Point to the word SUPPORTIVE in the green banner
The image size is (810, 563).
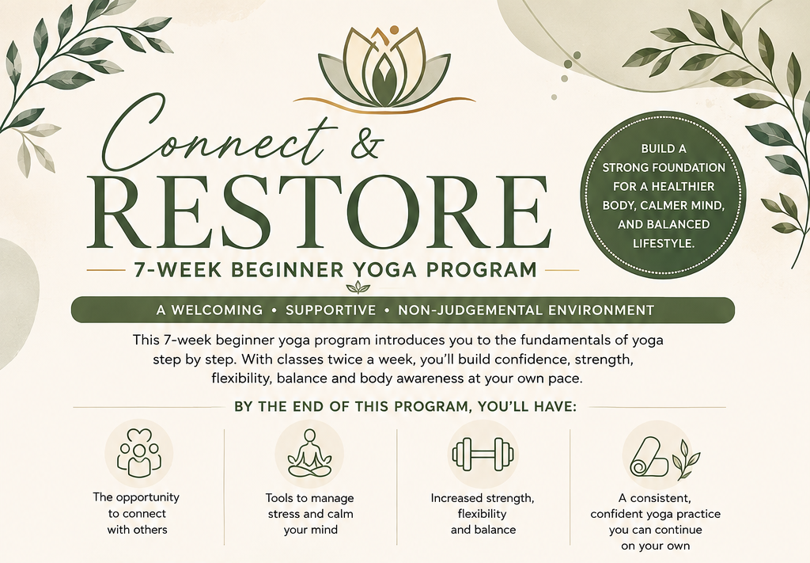[x=331, y=310]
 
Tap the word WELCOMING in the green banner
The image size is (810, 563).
[x=217, y=310]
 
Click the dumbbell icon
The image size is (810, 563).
[x=483, y=455]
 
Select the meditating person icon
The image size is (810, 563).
[x=309, y=454]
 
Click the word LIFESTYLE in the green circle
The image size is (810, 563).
[x=664, y=243]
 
